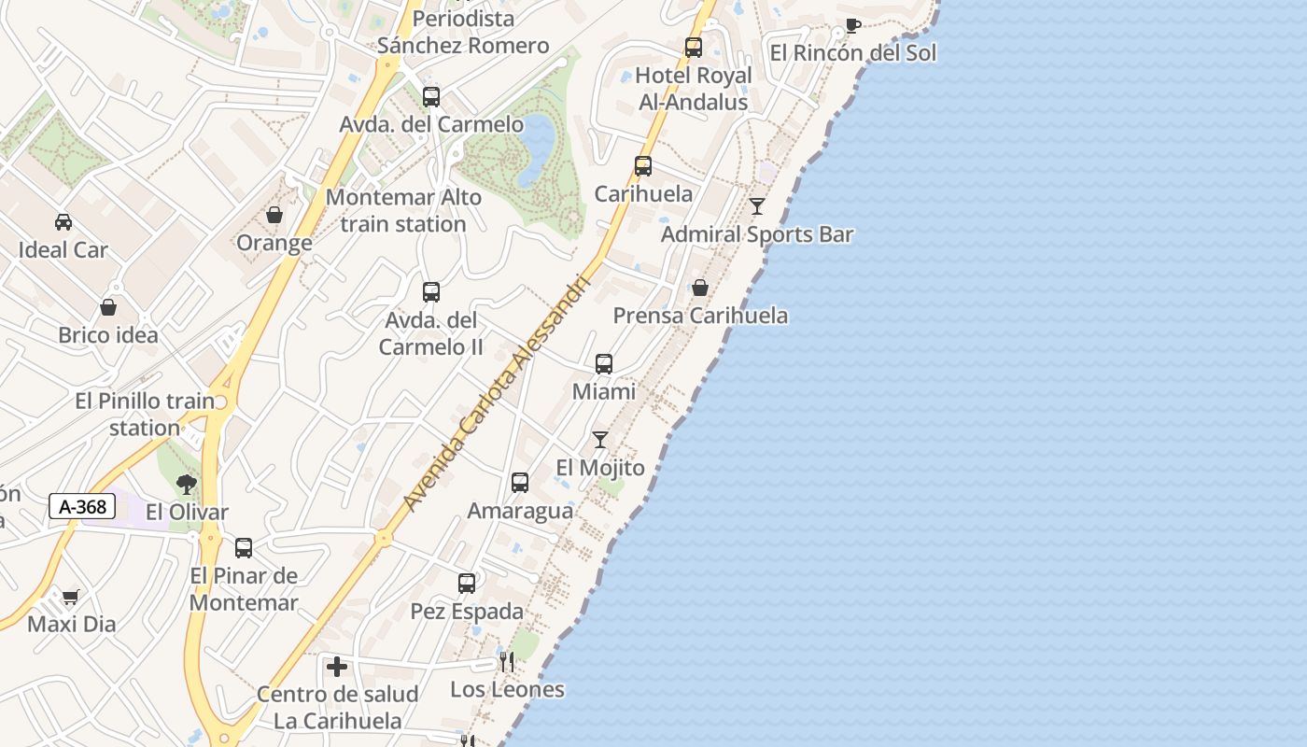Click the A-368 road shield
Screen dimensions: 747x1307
tap(82, 507)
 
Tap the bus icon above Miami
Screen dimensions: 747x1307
tap(604, 364)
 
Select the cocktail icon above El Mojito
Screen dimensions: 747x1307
tap(600, 440)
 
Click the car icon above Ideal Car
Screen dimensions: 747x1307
tap(63, 222)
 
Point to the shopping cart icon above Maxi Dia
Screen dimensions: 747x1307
tap(71, 597)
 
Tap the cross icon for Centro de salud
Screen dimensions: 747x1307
tap(337, 667)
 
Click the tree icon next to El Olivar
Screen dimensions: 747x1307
tap(187, 485)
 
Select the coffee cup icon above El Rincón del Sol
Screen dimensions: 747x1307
tap(852, 25)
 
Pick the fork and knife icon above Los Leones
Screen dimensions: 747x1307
tap(507, 662)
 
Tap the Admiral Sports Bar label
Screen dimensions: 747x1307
tap(757, 234)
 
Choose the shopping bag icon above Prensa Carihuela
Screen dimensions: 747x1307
tap(700, 288)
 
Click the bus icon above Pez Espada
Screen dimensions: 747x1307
tap(467, 584)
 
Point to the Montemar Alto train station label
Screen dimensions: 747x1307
tap(403, 211)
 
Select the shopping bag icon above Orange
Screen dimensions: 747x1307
tap(274, 216)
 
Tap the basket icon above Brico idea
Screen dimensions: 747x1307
tap(108, 307)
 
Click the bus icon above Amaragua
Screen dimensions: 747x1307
tap(520, 483)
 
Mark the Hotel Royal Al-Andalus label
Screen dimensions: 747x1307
tap(694, 89)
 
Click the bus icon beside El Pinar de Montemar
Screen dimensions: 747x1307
tap(244, 548)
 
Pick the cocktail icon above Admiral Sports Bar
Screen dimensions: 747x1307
tap(757, 206)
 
